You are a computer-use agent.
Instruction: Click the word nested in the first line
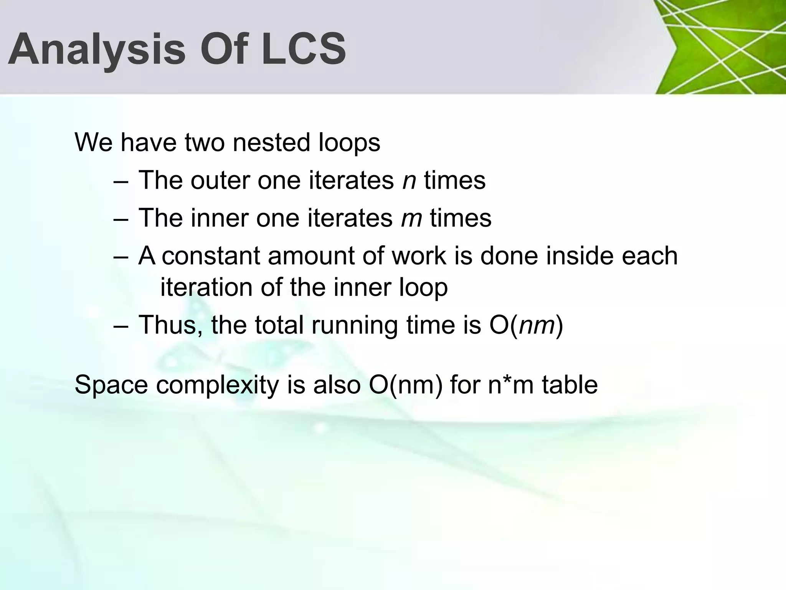click(271, 143)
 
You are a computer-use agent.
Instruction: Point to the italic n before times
click(409, 181)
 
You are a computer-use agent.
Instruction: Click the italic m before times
click(411, 218)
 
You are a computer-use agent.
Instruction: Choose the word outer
click(220, 180)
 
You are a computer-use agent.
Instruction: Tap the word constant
click(211, 256)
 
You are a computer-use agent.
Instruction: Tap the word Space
click(111, 385)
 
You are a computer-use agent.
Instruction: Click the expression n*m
click(510, 385)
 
